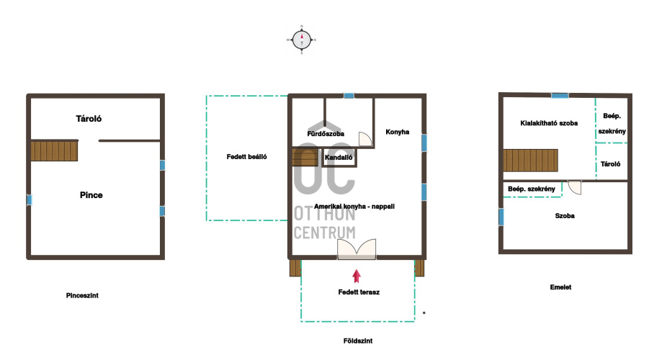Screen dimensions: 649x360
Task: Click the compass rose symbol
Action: [302, 40]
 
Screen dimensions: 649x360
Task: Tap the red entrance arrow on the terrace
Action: [357, 276]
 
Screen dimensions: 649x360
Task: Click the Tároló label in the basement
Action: [89, 119]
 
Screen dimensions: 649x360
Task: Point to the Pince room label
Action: [91, 195]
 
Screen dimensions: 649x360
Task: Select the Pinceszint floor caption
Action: [82, 295]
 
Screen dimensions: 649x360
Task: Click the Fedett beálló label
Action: [246, 157]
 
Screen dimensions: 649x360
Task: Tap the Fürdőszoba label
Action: [326, 134]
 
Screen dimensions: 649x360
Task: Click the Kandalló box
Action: [339, 158]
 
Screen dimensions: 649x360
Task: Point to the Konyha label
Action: [398, 132]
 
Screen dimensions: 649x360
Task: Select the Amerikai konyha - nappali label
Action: [354, 206]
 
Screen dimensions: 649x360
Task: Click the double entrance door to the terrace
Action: [357, 249]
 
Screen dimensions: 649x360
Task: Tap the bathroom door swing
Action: [365, 139]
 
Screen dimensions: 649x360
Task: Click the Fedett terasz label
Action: [359, 292]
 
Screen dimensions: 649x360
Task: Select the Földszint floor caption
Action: [358, 341]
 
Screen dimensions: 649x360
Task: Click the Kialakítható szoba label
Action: [549, 123]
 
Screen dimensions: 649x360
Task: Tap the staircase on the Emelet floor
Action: [531, 160]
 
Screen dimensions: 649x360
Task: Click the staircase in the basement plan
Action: [54, 150]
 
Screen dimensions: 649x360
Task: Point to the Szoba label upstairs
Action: [565, 215]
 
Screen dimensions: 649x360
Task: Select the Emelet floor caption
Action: [560, 287]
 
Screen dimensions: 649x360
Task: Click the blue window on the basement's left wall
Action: [29, 200]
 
